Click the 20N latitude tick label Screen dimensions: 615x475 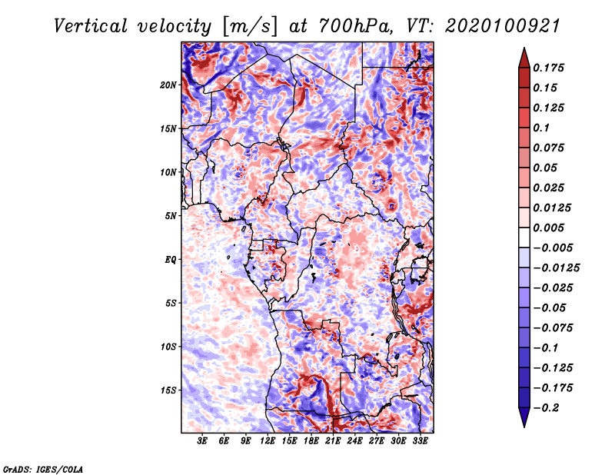click(168, 85)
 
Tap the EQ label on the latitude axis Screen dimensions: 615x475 click(171, 260)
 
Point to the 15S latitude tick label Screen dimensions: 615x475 click(168, 390)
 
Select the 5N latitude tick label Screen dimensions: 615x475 click(171, 216)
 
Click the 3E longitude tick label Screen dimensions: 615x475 click(202, 440)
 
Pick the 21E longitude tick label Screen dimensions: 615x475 click(333, 440)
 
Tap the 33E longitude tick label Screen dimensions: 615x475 click(420, 440)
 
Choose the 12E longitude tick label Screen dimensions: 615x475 click(267, 440)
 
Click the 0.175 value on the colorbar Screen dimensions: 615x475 click(548, 68)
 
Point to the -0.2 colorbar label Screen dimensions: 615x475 click(546, 407)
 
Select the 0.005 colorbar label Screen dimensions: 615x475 click(548, 228)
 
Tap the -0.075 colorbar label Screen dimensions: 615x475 click(553, 327)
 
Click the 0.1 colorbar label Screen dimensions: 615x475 click(541, 128)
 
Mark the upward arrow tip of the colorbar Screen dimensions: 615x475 click(524, 48)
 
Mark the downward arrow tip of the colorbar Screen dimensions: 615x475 click(524, 427)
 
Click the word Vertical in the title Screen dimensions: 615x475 click(91, 26)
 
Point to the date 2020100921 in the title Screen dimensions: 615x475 click(503, 26)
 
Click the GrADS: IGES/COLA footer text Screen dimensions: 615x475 click(43, 469)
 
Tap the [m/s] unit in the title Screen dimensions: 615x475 click(250, 27)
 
